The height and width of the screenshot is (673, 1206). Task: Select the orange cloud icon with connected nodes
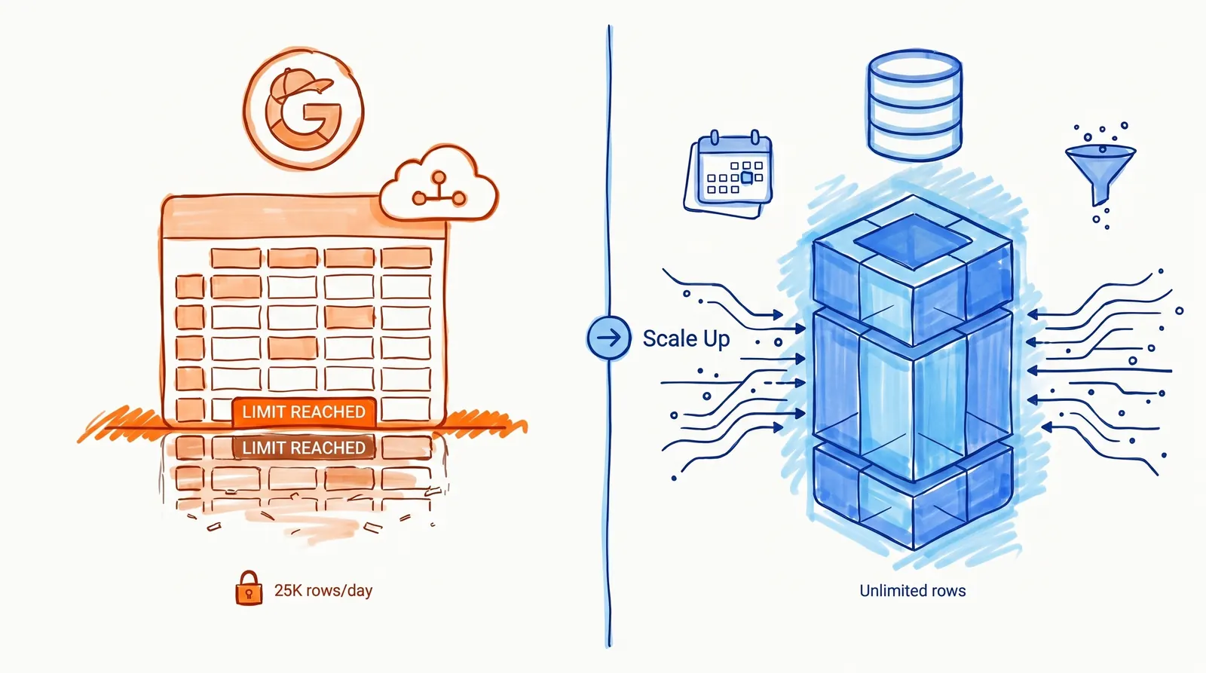click(x=438, y=184)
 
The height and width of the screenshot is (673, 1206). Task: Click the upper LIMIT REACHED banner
click(x=304, y=411)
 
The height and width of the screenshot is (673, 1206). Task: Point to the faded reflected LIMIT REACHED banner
click(x=304, y=448)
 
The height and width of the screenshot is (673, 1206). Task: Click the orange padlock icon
click(x=249, y=589)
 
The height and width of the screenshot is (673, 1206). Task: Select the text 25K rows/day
click(x=323, y=590)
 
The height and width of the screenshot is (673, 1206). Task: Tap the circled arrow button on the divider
click(x=609, y=337)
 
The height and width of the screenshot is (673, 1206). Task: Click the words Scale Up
click(x=686, y=338)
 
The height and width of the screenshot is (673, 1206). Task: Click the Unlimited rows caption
click(x=912, y=591)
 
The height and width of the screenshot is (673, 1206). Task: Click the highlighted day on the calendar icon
click(x=746, y=178)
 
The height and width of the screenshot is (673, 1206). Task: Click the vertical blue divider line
click(x=609, y=490)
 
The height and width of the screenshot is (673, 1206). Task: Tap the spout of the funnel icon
click(x=1100, y=193)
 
